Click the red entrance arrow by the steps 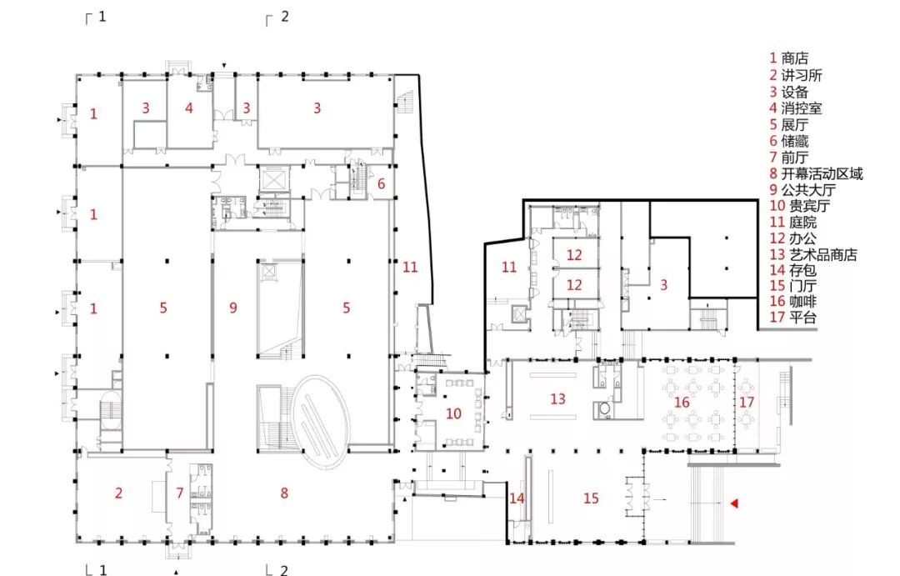pos(733,503)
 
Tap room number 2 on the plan pos(118,493)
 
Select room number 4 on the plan pos(189,108)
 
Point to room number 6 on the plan pos(381,183)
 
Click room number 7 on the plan pos(180,493)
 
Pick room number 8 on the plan pos(284,493)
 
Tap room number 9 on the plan pos(233,308)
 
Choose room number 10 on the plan pos(453,413)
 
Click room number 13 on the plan pos(557,398)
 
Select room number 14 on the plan pos(517,498)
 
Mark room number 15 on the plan pos(591,498)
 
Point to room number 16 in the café pos(682,402)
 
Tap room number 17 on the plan pos(746,402)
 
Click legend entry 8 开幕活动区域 pos(816,173)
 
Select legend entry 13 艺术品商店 pos(813,254)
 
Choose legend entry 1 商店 pos(789,58)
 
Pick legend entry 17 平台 pos(792,317)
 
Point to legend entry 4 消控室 pos(796,108)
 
